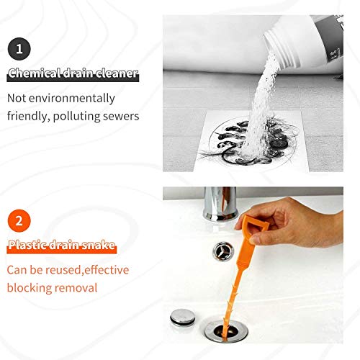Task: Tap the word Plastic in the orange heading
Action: tap(27, 246)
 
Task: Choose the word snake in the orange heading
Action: tap(98, 246)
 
